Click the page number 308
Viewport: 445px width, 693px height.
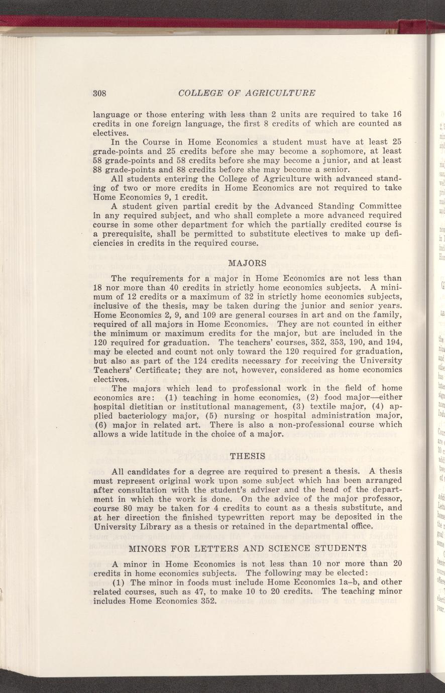click(101, 93)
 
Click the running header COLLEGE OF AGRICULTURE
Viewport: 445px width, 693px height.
click(247, 93)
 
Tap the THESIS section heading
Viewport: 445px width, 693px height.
click(247, 456)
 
